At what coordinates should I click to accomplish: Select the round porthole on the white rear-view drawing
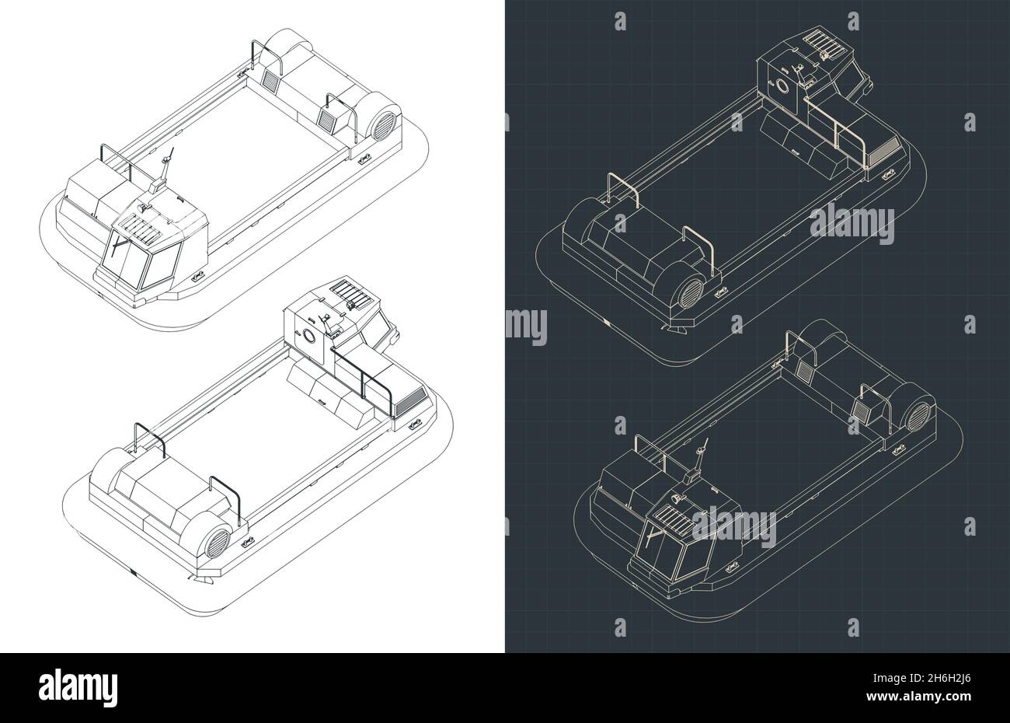click(309, 336)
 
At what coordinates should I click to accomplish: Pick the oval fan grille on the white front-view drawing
click(385, 127)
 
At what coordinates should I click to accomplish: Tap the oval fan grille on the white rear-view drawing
click(218, 543)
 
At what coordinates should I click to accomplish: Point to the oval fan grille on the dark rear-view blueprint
click(691, 293)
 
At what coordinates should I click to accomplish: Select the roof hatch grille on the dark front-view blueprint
click(673, 517)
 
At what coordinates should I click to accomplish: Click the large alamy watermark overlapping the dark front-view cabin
click(734, 527)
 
